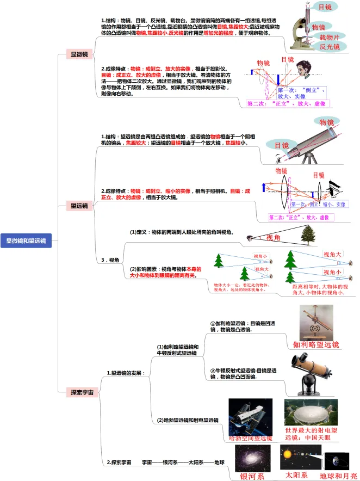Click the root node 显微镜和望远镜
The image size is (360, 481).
[26, 240]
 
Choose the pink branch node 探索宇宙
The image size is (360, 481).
[82, 392]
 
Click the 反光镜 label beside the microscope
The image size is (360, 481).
[329, 47]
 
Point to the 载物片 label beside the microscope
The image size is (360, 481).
[329, 37]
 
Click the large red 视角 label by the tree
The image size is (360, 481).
[273, 237]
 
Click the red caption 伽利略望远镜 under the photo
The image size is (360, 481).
[316, 344]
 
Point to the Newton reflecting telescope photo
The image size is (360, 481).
[311, 375]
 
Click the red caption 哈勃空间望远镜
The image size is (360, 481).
[250, 438]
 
